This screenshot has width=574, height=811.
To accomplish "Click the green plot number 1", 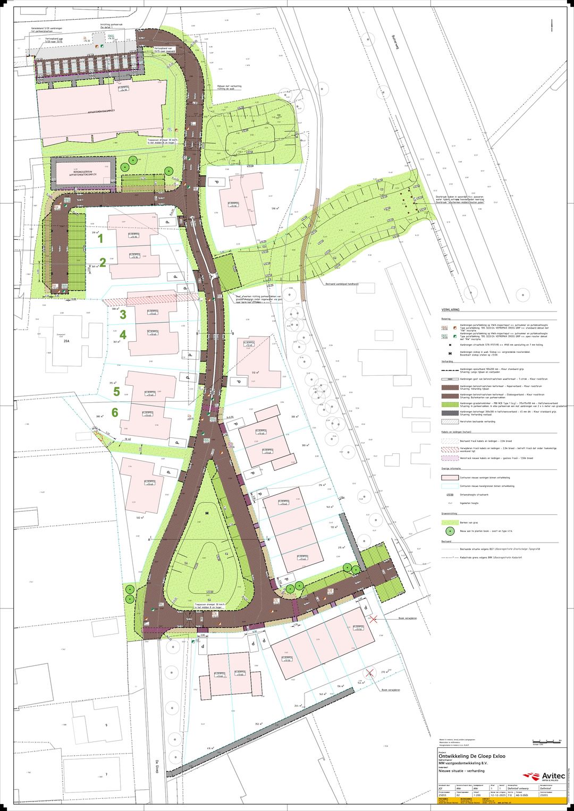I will (x=100, y=239).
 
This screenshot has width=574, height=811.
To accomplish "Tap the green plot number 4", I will (x=123, y=335).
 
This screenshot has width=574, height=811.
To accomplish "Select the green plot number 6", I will (x=115, y=412).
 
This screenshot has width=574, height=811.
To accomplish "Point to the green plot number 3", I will (x=123, y=315).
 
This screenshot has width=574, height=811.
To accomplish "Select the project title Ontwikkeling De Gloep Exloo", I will (x=471, y=756).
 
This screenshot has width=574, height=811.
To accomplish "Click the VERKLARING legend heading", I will (x=450, y=309).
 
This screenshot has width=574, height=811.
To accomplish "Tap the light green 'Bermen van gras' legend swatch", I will (x=450, y=522).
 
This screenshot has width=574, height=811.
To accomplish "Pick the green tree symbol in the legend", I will (x=450, y=530).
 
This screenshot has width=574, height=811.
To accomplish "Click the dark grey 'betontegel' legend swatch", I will (x=450, y=412).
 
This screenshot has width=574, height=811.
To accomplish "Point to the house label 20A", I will (x=66, y=342).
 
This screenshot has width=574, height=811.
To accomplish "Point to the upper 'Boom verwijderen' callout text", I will (x=407, y=618).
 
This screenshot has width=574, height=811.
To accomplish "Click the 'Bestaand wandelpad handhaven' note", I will (x=342, y=284).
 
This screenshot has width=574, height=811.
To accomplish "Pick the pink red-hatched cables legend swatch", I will (x=450, y=450).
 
